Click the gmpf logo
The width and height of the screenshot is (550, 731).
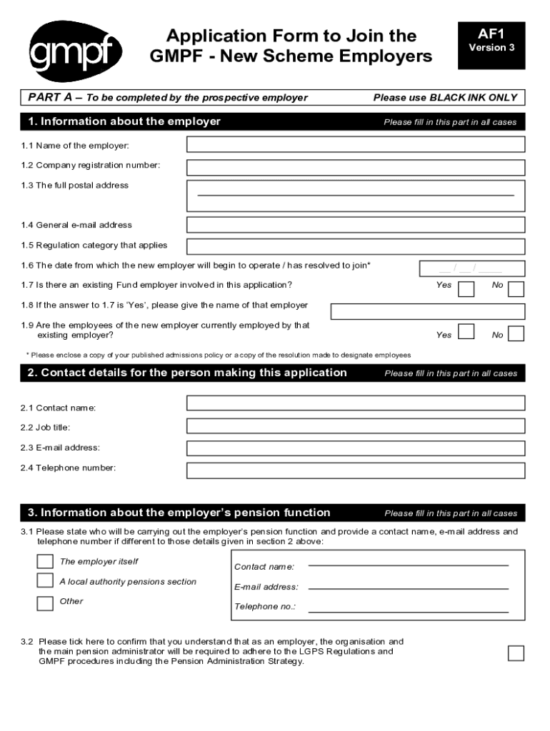pos(75,49)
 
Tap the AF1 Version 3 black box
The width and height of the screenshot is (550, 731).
pos(491,45)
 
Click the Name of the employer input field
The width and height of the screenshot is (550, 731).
pos(356,145)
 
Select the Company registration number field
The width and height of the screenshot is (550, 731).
pos(356,168)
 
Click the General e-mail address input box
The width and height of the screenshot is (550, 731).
pos(356,225)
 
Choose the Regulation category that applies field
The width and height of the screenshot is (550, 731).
pos(356,246)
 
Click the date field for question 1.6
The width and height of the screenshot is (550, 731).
pos(471,269)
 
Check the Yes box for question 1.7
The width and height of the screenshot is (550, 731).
pos(466,288)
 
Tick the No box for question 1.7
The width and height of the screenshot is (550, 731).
pos(516,288)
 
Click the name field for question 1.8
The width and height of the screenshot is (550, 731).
pos(428,311)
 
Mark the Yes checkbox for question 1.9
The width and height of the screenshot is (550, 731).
pos(466,332)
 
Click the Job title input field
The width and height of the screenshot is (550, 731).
pos(356,426)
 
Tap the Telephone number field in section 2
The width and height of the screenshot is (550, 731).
pos(356,470)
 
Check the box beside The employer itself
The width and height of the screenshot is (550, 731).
pos(45,561)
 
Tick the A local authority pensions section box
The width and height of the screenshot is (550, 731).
pos(45,580)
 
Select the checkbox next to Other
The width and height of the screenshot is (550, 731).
pos(45,603)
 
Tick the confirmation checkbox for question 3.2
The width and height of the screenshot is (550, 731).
pos(516,653)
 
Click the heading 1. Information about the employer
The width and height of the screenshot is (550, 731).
pos(124,122)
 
